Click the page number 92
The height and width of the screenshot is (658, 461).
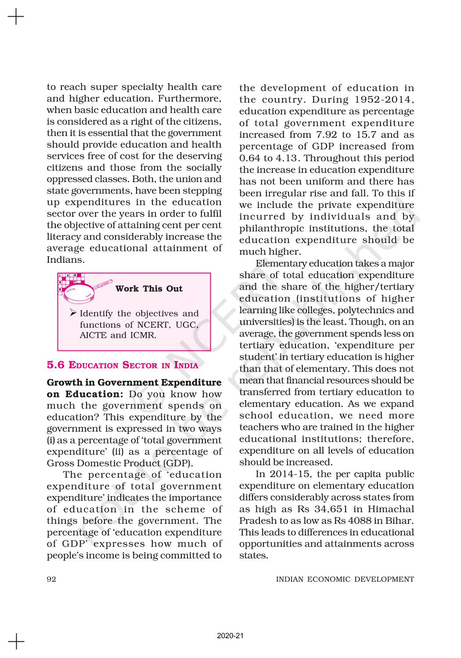coord(51,579)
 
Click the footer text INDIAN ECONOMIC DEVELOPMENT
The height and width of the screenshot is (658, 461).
coord(345,579)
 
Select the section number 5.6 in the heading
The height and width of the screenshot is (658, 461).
coord(56,365)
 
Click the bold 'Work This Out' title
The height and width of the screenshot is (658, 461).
coord(149,289)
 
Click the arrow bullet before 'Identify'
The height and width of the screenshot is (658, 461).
coord(73,313)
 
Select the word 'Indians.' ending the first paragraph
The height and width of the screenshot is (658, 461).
coord(65,260)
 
